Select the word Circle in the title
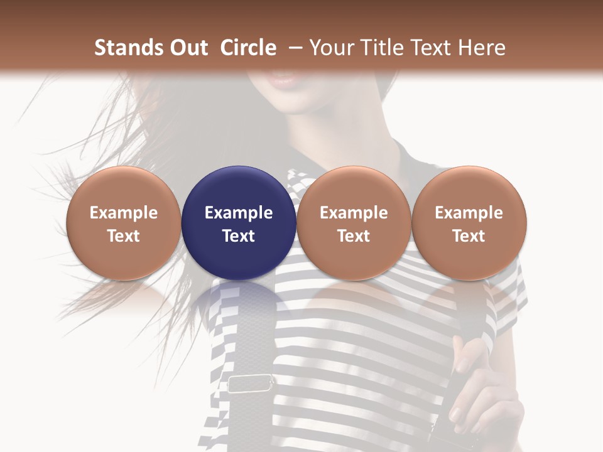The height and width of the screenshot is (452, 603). click(248, 48)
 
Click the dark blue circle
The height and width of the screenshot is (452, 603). click(239, 223)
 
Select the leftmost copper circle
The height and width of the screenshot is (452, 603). click(124, 223)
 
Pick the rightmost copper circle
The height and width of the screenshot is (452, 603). click(469, 223)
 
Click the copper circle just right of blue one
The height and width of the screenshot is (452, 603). click(354, 223)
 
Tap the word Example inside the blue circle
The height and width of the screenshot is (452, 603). click(239, 213)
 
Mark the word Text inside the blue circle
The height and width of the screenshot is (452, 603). click(239, 236)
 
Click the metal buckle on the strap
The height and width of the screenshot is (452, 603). click(251, 384)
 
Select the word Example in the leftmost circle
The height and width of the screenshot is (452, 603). click(124, 213)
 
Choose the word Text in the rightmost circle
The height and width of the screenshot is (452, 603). click(469, 236)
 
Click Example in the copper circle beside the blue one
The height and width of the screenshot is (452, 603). click(354, 213)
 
